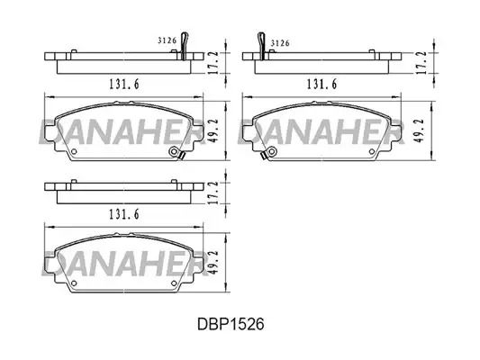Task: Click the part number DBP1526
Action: [x=231, y=324]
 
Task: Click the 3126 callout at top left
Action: [x=168, y=40]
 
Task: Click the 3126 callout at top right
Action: [x=280, y=43]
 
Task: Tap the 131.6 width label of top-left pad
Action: [x=124, y=84]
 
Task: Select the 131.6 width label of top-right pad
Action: [x=322, y=84]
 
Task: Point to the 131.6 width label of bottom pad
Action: [x=124, y=214]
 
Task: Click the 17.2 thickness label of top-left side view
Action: [x=215, y=62]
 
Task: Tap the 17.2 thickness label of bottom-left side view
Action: [x=215, y=193]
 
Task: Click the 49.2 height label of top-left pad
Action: [x=215, y=130]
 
